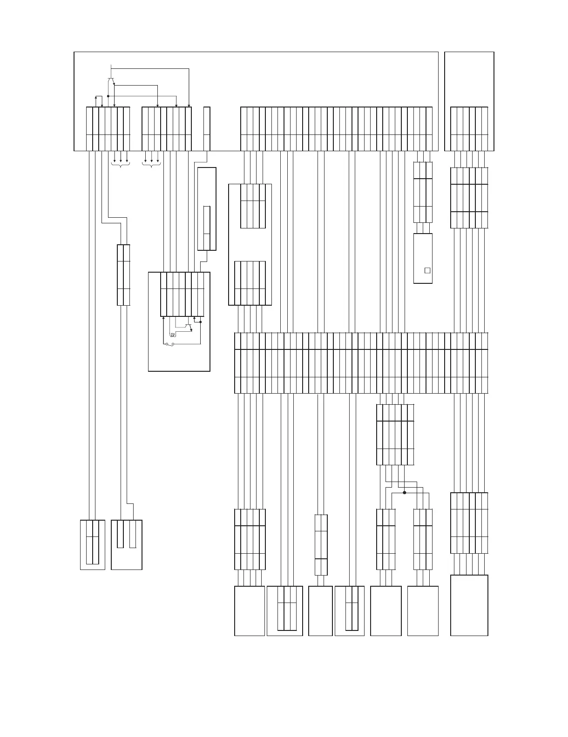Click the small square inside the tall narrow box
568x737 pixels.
pyautogui.click(x=427, y=270)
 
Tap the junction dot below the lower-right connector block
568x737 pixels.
pyautogui.click(x=404, y=492)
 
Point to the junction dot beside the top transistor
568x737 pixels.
pyautogui.click(x=108, y=96)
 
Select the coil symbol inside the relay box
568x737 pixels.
pyautogui.click(x=172, y=335)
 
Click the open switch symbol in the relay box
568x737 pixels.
pyautogui.click(x=169, y=344)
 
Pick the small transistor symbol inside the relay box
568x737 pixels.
pyautogui.click(x=189, y=327)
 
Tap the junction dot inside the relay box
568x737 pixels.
pyautogui.click(x=201, y=322)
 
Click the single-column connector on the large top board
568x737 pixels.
pyautogui.click(x=207, y=129)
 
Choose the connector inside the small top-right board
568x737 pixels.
pyautogui.click(x=469, y=129)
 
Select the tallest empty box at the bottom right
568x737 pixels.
pyautogui.click(x=469, y=605)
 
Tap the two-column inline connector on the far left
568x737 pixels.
pyautogui.click(x=123, y=275)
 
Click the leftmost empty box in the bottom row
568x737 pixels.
pyautogui.click(x=250, y=611)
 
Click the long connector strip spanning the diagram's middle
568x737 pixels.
pyautogui.click(x=361, y=363)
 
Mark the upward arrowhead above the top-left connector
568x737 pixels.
pyautogui.click(x=96, y=97)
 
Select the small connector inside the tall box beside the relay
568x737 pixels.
pyautogui.click(x=207, y=228)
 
